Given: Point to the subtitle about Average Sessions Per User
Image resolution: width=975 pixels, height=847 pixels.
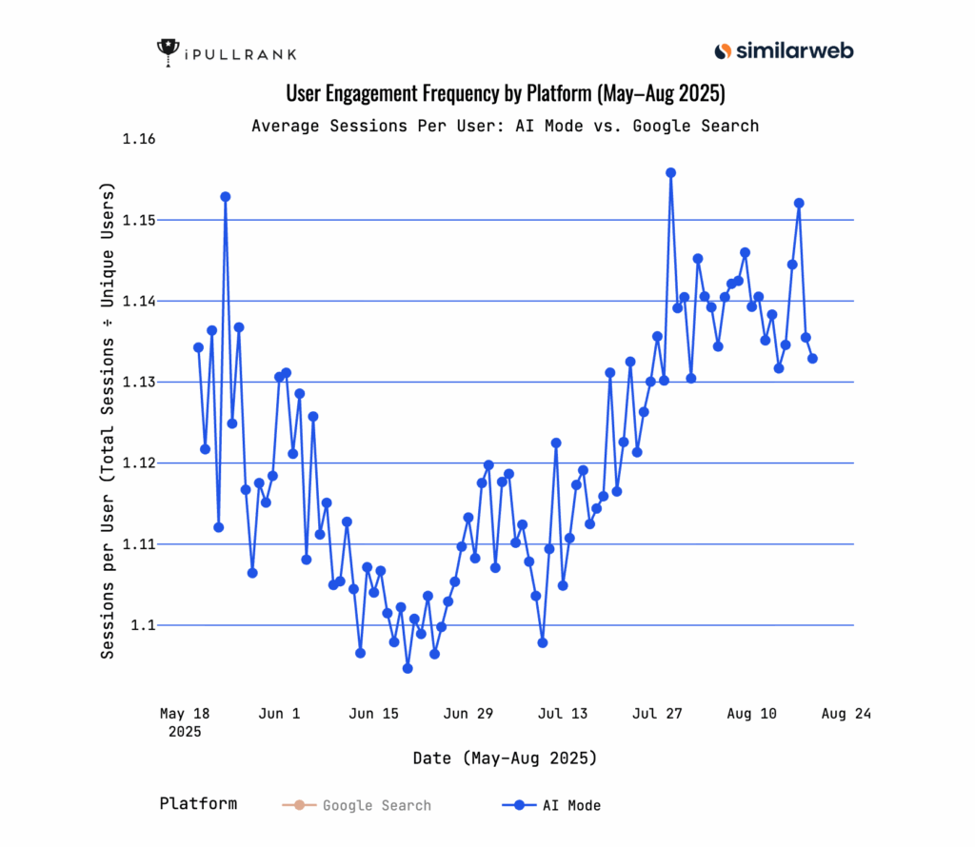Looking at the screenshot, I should (505, 126).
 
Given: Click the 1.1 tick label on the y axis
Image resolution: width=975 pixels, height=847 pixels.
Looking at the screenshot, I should (146, 625).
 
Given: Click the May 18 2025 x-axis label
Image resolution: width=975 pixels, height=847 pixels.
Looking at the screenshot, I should (186, 722).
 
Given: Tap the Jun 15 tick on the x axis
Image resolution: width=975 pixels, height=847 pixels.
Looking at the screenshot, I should (374, 713).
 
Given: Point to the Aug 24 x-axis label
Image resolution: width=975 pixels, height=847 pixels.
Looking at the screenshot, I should (846, 713).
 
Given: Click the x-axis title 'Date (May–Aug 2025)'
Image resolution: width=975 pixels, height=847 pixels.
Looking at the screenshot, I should (505, 758).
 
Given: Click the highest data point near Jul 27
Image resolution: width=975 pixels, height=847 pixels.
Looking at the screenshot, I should (670, 173).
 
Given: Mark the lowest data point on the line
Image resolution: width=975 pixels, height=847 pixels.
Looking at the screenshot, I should (408, 668).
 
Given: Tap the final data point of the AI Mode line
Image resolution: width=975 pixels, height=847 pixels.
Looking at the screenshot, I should (812, 358).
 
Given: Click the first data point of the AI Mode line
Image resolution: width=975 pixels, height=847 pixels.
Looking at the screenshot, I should (198, 347).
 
